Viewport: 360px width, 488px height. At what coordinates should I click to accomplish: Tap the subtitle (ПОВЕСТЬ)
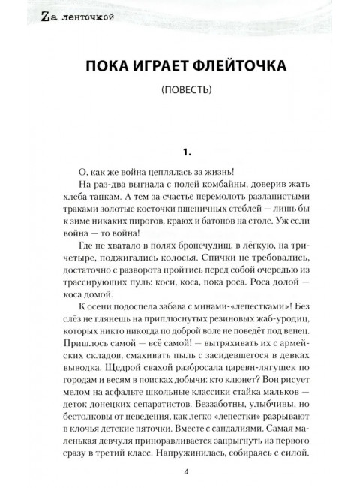point(179,93)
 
